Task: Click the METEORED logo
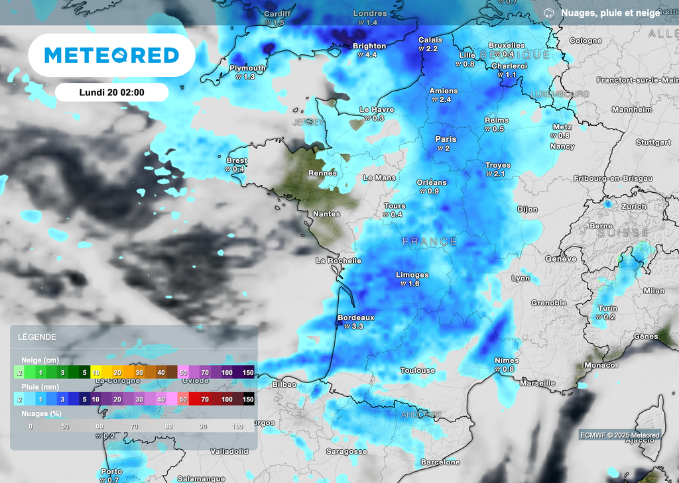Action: [111, 56]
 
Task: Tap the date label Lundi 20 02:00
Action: [111, 93]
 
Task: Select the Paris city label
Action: [446, 139]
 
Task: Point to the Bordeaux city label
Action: [356, 318]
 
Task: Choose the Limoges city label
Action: [412, 275]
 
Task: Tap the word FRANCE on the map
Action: [430, 242]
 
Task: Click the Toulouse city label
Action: [418, 370]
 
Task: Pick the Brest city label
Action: [237, 161]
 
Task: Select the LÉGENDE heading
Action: [38, 337]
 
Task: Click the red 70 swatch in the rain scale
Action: [205, 400]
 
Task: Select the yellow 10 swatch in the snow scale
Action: [96, 373]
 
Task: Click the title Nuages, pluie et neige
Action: [610, 13]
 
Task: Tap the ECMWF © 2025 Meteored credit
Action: [619, 435]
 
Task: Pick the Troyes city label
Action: [498, 165]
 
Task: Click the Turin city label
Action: [607, 308]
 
